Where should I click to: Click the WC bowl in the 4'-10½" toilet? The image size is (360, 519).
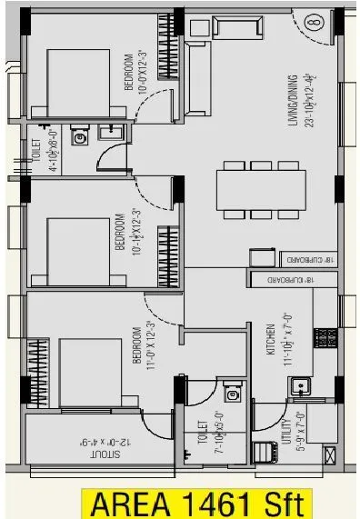[80, 139]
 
